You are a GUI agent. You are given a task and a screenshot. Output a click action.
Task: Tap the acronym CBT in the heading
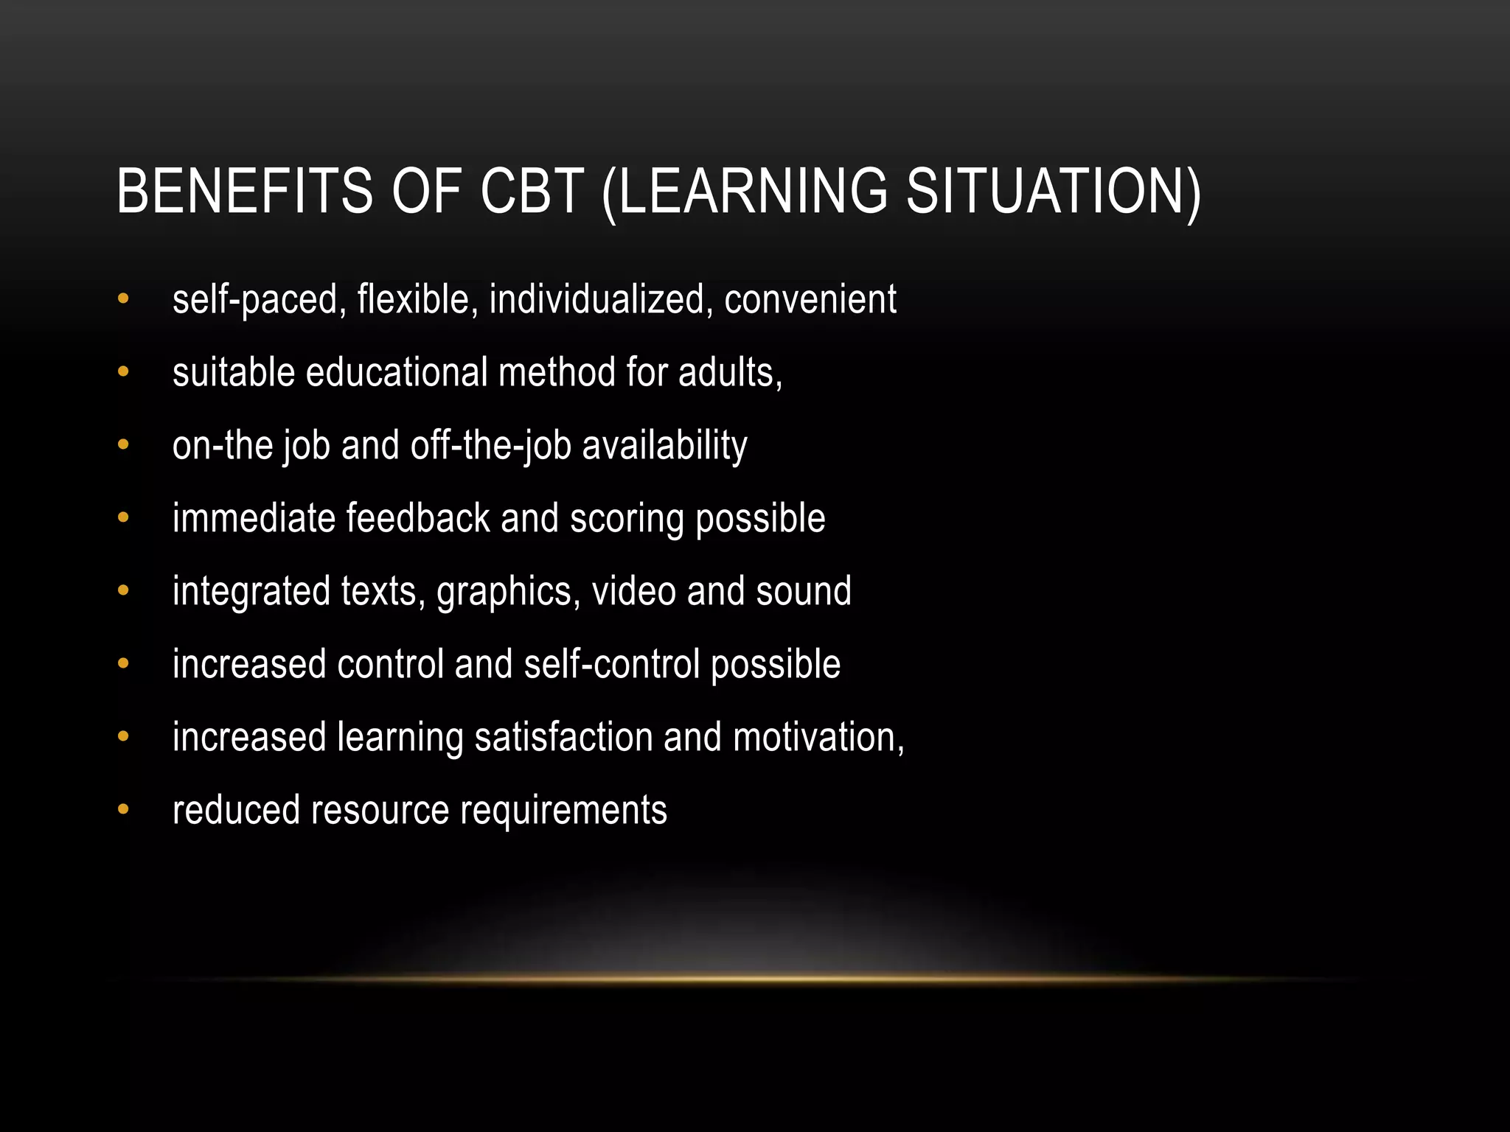(532, 192)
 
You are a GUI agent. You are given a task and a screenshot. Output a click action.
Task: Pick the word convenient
(810, 299)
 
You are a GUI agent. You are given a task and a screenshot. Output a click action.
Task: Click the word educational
(397, 372)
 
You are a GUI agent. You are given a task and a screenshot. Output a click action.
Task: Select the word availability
(664, 446)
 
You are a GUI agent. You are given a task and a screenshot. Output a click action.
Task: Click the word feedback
(418, 518)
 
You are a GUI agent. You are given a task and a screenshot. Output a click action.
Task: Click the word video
(633, 591)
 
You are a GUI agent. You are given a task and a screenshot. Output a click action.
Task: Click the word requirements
(563, 811)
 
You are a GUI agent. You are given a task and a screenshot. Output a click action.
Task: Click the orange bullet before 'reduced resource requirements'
(123, 810)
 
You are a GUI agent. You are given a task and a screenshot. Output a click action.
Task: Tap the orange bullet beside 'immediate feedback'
(123, 518)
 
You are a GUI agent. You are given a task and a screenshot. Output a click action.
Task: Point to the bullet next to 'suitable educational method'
(123, 372)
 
